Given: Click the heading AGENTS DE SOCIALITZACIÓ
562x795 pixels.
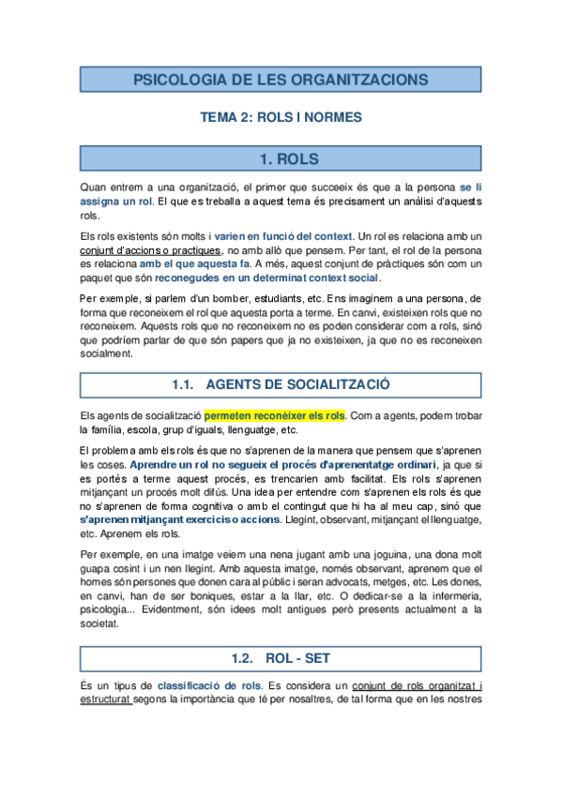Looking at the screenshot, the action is tap(298, 384).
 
